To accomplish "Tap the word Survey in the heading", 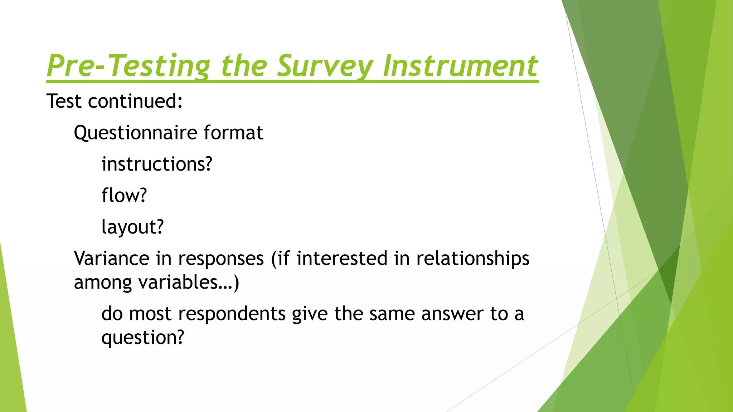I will (x=325, y=66).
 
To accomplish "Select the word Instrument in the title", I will (x=460, y=66).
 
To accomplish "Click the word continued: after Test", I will (x=135, y=101).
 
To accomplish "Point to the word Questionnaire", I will (x=136, y=133).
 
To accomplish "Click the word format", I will (x=233, y=133).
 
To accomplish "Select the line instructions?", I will (x=157, y=165).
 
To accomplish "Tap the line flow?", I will (x=124, y=196).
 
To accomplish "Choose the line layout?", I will (x=132, y=227).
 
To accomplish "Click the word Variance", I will (x=111, y=258).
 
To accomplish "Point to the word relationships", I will (x=472, y=259).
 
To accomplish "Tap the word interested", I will (x=342, y=258).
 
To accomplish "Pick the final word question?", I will (x=142, y=338).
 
